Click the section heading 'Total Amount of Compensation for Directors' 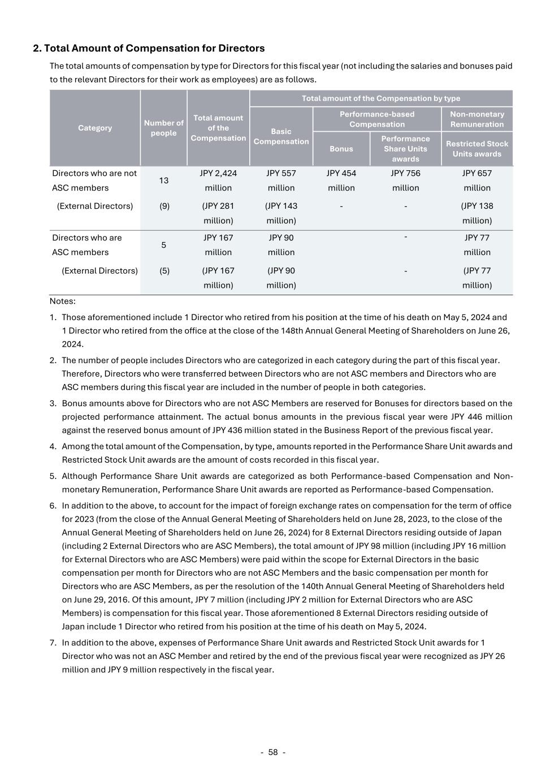click(x=149, y=48)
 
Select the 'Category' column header click(x=95, y=128)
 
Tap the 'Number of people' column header click(x=163, y=128)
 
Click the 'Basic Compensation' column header click(x=281, y=136)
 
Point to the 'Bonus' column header click(x=341, y=149)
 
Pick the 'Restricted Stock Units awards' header click(x=477, y=149)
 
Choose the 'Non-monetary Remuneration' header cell click(x=477, y=119)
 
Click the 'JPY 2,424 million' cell click(x=218, y=180)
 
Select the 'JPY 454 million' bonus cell click(x=341, y=180)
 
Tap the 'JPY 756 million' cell click(x=406, y=180)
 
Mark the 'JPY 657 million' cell click(x=477, y=180)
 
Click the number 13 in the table click(x=163, y=180)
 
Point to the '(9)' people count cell click(x=164, y=206)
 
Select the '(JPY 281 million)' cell click(x=218, y=213)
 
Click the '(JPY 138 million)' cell click(x=477, y=213)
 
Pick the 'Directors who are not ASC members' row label click(x=94, y=180)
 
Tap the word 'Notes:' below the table click(x=62, y=301)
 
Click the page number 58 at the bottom click(x=273, y=752)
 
